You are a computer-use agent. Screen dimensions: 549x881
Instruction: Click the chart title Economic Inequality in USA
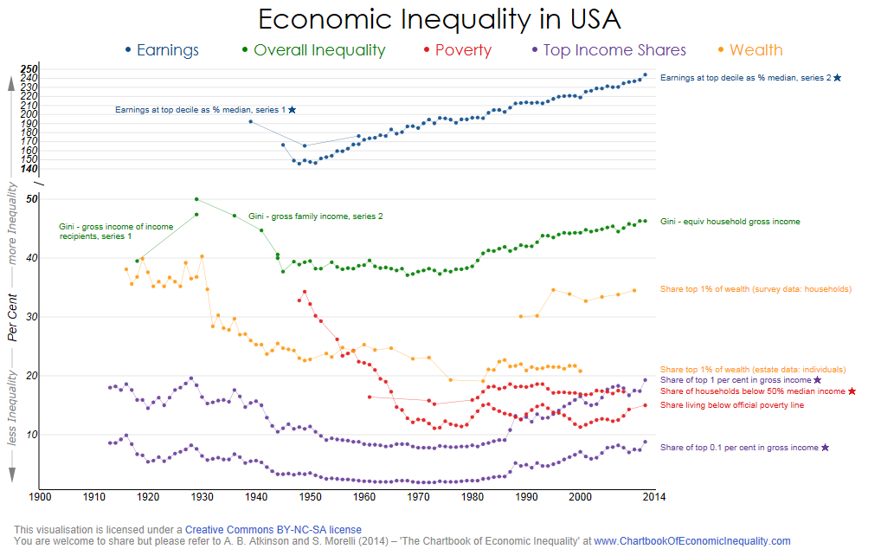(x=440, y=19)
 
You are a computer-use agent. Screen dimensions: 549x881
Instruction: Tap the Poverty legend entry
(x=463, y=50)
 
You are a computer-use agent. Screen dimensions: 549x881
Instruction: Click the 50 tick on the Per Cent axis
(x=33, y=199)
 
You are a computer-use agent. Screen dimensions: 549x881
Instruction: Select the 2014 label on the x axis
(x=654, y=497)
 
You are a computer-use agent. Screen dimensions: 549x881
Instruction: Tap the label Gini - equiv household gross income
(x=730, y=222)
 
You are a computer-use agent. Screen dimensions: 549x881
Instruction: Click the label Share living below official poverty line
(x=732, y=405)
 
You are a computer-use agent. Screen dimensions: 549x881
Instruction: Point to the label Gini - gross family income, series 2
(x=315, y=216)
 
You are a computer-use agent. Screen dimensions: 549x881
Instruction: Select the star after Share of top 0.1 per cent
(x=825, y=448)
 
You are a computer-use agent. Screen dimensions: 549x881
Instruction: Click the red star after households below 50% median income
(x=852, y=391)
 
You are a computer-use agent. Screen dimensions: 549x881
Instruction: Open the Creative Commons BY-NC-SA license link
(x=273, y=529)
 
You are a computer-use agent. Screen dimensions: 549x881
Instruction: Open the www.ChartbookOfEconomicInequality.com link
(x=691, y=541)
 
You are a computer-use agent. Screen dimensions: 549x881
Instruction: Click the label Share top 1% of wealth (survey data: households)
(x=756, y=289)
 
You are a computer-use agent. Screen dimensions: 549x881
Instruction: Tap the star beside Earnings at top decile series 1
(x=293, y=110)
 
